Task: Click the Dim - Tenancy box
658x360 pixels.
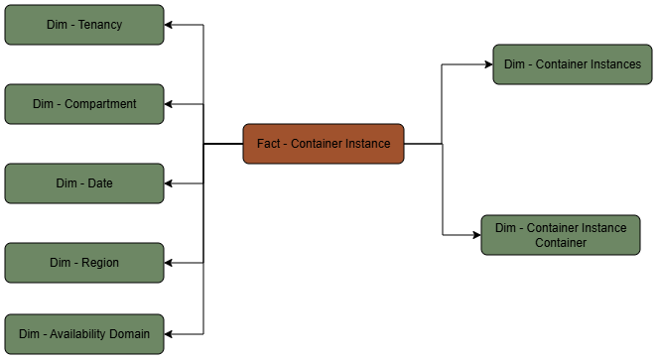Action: pos(84,25)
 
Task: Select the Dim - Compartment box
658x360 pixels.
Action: pos(84,104)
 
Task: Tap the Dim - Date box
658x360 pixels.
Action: pos(84,183)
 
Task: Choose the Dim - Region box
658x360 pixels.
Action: pos(84,263)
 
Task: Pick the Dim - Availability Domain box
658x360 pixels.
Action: pos(84,334)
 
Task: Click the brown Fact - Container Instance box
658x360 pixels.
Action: pos(324,144)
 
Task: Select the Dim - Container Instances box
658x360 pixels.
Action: pos(573,64)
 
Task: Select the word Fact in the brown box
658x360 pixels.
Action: pos(269,144)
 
